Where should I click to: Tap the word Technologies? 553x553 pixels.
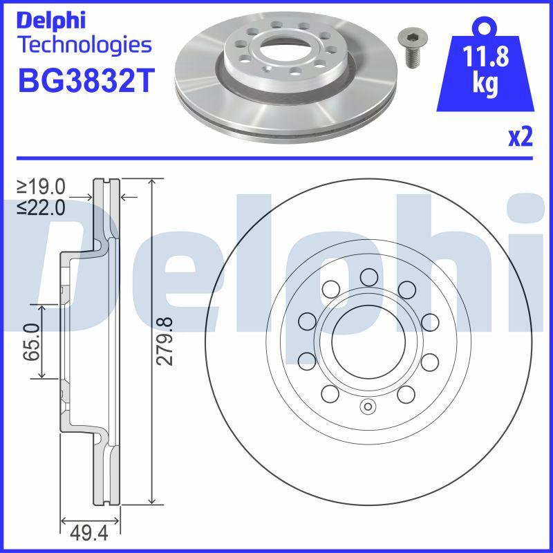tap(83, 46)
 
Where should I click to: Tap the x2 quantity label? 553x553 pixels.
tap(521, 138)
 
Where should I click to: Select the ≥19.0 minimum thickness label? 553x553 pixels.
tap(41, 186)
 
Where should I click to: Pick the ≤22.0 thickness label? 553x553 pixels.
tap(41, 206)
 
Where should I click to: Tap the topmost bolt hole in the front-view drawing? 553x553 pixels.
tap(368, 276)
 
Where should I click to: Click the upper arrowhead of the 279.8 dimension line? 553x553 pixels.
tap(151, 181)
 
